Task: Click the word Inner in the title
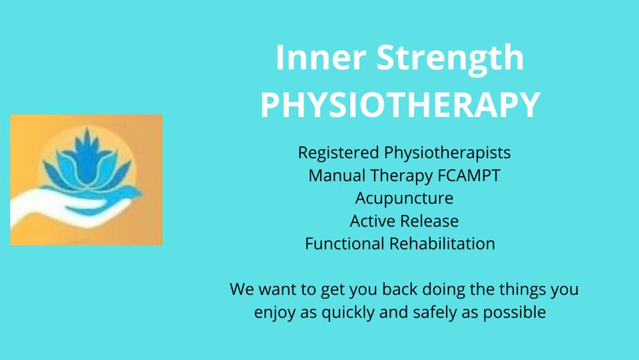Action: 320,57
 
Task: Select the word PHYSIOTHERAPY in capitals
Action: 400,104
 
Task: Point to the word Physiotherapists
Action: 447,153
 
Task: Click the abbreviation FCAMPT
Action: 469,176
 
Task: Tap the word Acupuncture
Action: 404,199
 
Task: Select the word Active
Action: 368,221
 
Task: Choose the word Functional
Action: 345,244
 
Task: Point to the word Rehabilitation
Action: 442,244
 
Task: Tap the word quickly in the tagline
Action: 348,313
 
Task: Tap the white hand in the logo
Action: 61,206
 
